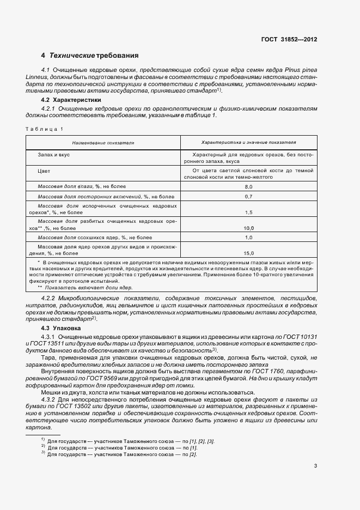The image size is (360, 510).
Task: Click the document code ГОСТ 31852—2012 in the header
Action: [x=289, y=40]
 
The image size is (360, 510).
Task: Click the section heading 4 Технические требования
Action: [x=89, y=56]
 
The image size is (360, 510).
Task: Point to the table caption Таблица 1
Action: [x=44, y=129]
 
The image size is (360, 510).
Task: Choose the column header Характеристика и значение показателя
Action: [x=248, y=142]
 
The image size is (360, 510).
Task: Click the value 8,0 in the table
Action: [x=249, y=186]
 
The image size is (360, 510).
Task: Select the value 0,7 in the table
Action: [x=249, y=196]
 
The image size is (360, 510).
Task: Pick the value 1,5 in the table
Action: [x=249, y=212]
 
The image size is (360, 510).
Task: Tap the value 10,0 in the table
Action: [x=249, y=228]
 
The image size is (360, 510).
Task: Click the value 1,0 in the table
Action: [x=249, y=238]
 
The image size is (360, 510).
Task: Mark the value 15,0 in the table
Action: [x=249, y=253]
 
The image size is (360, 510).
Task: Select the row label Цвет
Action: [x=44, y=171]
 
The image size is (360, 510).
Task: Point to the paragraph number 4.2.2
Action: [x=50, y=299]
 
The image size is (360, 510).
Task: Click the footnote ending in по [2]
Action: [x=119, y=454]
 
